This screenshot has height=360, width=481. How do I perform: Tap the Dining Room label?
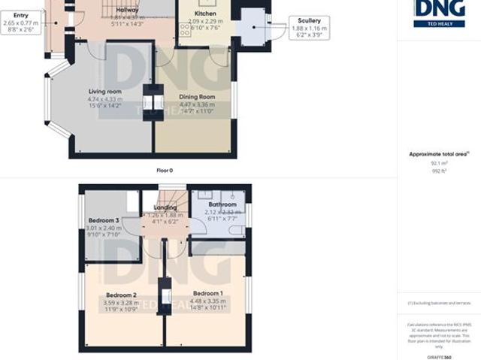(x=196, y=97)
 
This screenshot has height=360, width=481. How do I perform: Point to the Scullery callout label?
(x=309, y=21)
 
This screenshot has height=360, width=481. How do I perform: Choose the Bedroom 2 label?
(x=120, y=295)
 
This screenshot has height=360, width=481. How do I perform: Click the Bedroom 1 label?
(x=207, y=293)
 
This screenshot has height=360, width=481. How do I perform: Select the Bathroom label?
(x=222, y=204)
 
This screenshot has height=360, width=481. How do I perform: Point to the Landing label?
(x=165, y=208)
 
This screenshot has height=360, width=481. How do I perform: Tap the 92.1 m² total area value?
(x=438, y=162)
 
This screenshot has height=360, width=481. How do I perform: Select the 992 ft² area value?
(x=438, y=171)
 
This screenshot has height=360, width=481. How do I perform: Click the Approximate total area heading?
(x=438, y=153)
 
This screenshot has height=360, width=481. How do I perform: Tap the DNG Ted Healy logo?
(x=438, y=13)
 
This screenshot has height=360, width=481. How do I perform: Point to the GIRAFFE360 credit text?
(x=438, y=355)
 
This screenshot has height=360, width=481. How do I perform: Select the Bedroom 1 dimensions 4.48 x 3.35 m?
(x=207, y=301)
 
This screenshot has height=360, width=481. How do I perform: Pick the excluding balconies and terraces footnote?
(x=438, y=303)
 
